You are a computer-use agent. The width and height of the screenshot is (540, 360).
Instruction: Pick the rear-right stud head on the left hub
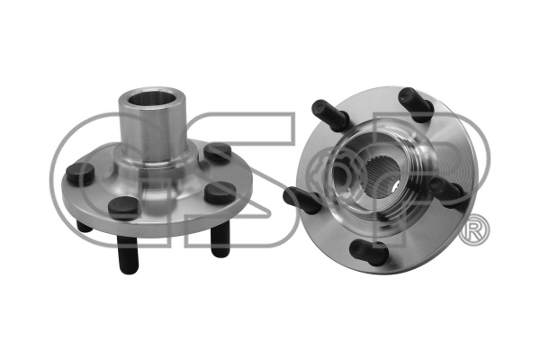pyautogui.click(x=217, y=153)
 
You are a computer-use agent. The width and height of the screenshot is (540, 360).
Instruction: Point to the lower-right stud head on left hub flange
pyautogui.click(x=220, y=192)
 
